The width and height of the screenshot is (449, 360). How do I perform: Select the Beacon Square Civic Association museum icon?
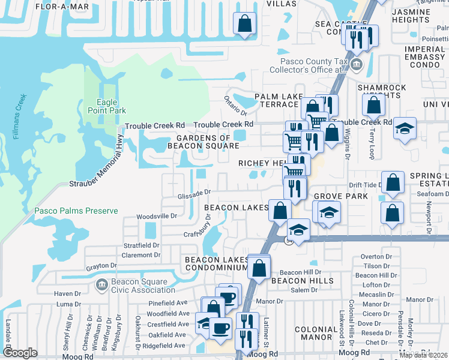tap(102, 283)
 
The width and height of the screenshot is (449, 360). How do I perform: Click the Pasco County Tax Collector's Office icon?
tap(356, 64)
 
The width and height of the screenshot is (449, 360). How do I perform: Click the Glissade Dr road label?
tap(195, 193)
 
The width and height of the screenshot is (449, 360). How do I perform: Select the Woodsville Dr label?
tap(157, 215)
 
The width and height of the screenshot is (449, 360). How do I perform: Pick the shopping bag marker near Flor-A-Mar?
tap(245, 25)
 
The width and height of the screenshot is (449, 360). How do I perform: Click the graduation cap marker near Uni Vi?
tap(405, 128)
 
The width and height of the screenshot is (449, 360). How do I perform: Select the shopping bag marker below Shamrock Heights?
tap(373, 105)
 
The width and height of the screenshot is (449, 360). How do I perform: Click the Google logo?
tap(20, 353)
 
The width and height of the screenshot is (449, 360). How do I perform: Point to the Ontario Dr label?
tap(235, 106)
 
